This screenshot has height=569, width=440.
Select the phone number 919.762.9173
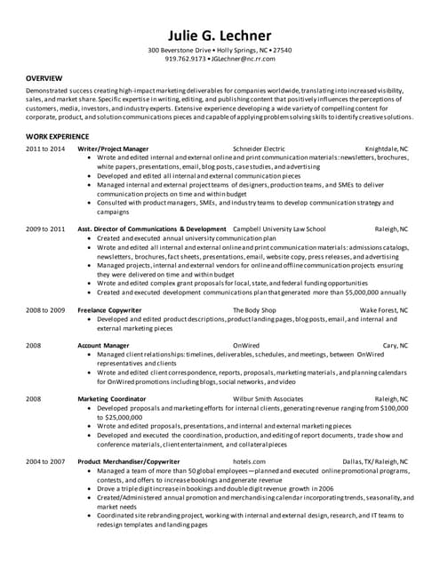tap(185, 59)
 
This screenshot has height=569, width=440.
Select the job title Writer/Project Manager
tap(114, 148)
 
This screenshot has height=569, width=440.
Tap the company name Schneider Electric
tap(259, 148)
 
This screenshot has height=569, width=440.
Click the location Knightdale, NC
tap(386, 148)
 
